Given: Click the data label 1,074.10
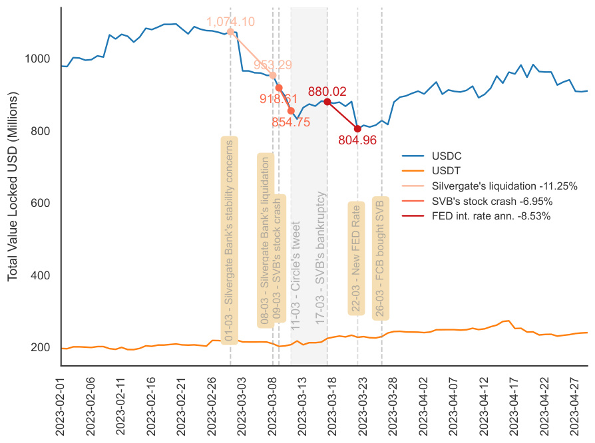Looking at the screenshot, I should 230,21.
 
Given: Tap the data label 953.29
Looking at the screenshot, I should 273,65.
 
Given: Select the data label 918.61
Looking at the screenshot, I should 278,98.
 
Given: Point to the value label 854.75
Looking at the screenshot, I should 291,122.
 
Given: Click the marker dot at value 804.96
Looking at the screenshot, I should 357,128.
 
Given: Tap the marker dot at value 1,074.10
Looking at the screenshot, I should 230,31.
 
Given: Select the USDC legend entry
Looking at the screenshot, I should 447,156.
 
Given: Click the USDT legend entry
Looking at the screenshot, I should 446,171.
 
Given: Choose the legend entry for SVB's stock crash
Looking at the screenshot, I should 492,201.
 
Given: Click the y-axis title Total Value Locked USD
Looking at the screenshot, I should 13,186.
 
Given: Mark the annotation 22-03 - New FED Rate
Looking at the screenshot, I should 357,258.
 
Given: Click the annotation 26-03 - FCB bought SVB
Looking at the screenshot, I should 381,258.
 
